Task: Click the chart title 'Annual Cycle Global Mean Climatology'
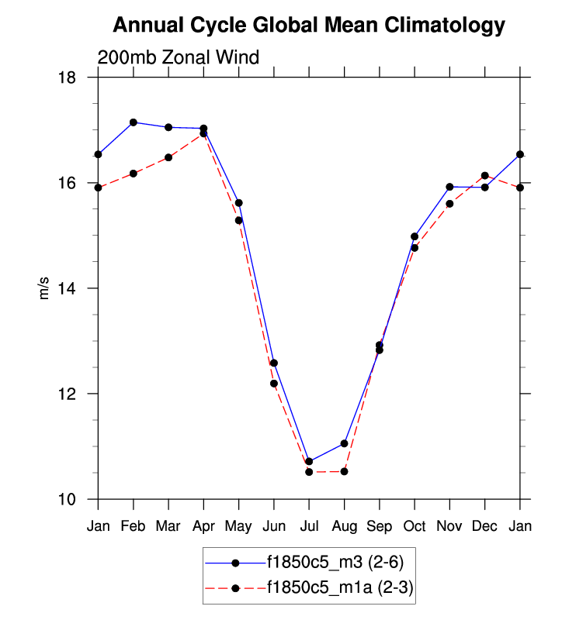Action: coord(308,26)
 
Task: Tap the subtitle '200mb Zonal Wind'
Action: coord(178,57)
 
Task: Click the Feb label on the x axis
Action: coord(134,527)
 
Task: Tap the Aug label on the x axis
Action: coord(344,527)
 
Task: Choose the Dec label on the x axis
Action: coord(484,527)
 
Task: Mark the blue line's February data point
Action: coord(134,122)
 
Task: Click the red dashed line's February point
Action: coord(134,174)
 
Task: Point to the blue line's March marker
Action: coord(168,127)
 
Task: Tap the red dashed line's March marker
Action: coord(168,157)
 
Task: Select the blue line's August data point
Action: coord(344,443)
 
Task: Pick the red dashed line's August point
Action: coord(344,471)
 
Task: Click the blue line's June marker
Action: coord(274,363)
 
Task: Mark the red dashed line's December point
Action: coord(484,176)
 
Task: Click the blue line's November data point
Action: coord(449,187)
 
